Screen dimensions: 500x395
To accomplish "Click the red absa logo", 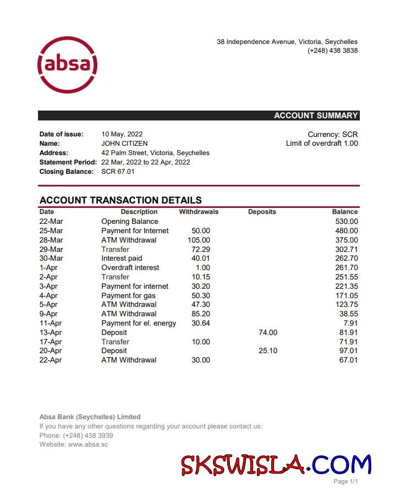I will pyautogui.click(x=67, y=65).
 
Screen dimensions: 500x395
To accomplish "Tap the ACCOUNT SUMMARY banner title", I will pyautogui.click(x=316, y=116).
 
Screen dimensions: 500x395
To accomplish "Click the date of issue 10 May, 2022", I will pyautogui.click(x=122, y=134).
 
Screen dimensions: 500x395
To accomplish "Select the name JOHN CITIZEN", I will pyautogui.click(x=124, y=144).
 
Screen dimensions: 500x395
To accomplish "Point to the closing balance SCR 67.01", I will pyautogui.click(x=118, y=172).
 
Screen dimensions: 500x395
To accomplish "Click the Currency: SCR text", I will pyautogui.click(x=332, y=134).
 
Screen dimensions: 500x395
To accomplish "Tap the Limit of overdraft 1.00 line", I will pyautogui.click(x=322, y=144).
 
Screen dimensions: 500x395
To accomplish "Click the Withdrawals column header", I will pyautogui.click(x=199, y=212).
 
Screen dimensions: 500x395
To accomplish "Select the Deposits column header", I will pyautogui.click(x=262, y=212).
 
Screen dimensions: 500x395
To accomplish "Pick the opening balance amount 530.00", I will pyautogui.click(x=346, y=222).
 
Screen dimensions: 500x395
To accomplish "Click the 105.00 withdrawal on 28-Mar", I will pyautogui.click(x=199, y=240).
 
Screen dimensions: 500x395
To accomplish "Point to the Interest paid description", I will pyautogui.click(x=122, y=259).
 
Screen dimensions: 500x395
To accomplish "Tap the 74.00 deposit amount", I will pyautogui.click(x=268, y=333).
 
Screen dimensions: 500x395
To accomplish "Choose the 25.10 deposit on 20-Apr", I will pyautogui.click(x=268, y=351).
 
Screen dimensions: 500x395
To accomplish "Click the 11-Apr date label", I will pyautogui.click(x=51, y=323).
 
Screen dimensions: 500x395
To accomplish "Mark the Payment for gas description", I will pyautogui.click(x=128, y=296).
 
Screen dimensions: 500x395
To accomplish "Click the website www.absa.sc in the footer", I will pyautogui.click(x=87, y=444).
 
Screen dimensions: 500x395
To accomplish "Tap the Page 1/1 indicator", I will pyautogui.click(x=345, y=482).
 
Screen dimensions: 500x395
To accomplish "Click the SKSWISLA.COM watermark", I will pyautogui.click(x=276, y=465).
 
